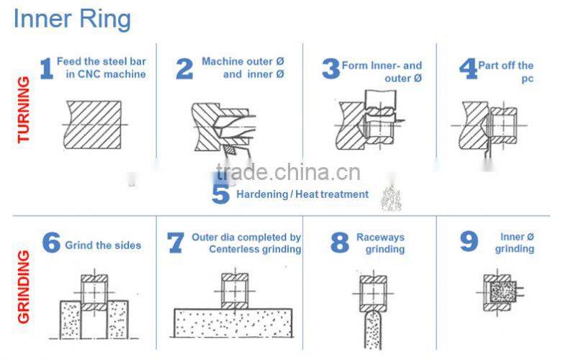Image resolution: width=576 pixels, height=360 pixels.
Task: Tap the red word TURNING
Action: (23, 108)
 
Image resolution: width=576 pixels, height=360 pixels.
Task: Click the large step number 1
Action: (46, 69)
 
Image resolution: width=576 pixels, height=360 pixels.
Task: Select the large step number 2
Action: (184, 69)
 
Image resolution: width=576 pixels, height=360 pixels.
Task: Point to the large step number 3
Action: (330, 69)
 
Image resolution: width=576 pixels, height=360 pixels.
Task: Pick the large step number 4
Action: (468, 69)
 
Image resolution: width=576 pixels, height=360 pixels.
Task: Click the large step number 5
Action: (220, 194)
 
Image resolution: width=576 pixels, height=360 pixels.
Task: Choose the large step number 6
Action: (50, 243)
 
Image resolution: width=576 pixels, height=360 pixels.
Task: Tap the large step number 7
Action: (176, 243)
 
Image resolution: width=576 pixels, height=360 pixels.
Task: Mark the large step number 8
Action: (340, 243)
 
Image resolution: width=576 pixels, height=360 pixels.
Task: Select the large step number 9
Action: (469, 243)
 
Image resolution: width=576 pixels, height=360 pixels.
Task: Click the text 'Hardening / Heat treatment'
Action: (302, 194)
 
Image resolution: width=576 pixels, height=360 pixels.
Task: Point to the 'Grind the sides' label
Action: (103, 246)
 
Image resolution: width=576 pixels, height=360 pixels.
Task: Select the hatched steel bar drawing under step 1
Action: (92, 125)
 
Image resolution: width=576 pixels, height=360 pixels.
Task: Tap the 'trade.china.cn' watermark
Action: (288, 173)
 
